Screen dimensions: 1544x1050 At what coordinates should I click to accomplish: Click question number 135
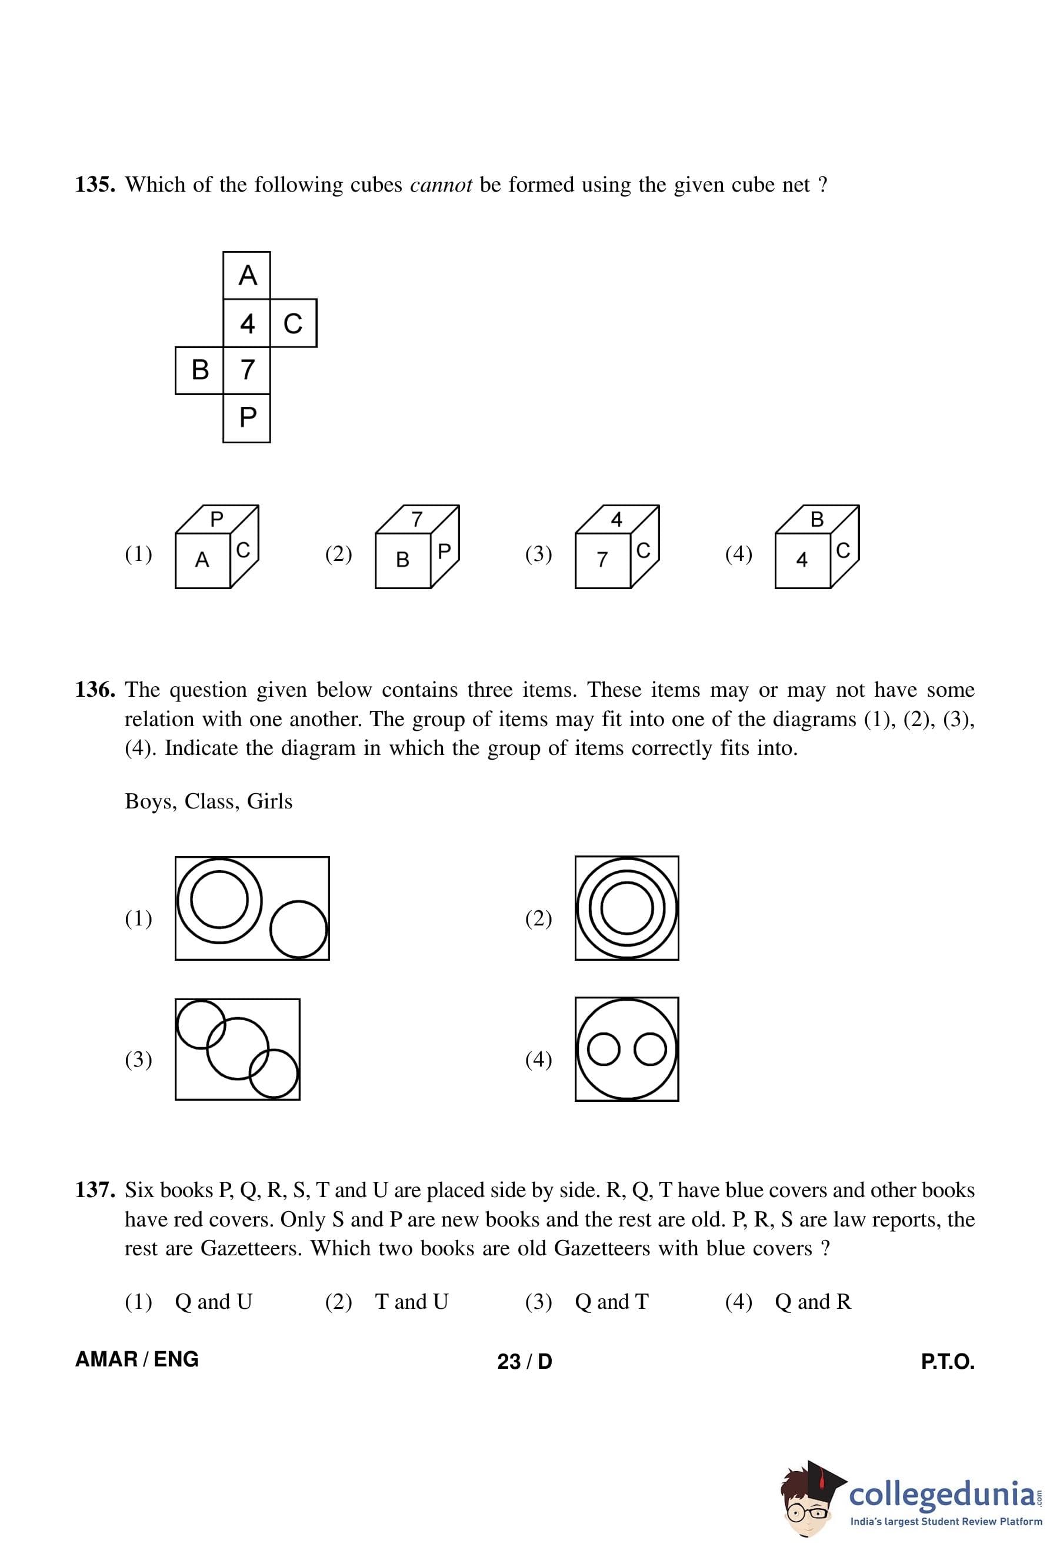95,185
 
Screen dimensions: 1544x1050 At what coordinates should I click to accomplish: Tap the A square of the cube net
246,275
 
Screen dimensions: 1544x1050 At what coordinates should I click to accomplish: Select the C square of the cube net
293,323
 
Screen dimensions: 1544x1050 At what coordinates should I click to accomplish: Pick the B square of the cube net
199,370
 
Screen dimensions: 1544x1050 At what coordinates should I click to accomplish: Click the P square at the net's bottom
246,418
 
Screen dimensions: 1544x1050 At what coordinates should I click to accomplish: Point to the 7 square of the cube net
246,370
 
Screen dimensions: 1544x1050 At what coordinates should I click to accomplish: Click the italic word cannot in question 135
441,185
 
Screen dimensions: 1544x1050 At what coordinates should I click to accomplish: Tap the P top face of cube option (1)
216,519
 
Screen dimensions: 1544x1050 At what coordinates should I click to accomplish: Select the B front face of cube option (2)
403,560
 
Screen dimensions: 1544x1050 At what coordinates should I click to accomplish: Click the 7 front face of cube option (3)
602,560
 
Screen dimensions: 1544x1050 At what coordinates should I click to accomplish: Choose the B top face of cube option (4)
816,519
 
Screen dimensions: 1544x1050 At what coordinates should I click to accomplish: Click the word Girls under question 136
269,801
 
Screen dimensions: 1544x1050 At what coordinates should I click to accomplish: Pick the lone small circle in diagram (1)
299,929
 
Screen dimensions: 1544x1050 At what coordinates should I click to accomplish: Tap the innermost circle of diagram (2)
626,908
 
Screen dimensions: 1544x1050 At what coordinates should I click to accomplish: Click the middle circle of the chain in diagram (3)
237,1048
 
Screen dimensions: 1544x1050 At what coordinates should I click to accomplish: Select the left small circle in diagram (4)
604,1049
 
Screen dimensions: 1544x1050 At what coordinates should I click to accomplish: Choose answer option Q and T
611,1302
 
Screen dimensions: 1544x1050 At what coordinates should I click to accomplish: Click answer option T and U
411,1302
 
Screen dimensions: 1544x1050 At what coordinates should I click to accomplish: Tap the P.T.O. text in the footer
947,1361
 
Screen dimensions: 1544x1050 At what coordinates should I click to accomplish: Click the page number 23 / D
524,1361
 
